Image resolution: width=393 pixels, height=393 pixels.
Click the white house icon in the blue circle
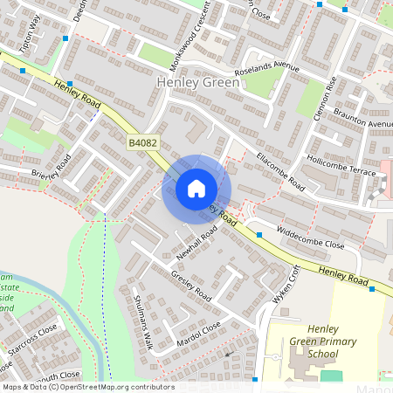coord(196,188)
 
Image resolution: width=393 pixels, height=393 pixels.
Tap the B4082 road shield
coord(141,141)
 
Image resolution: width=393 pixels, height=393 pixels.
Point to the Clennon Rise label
coord(331,87)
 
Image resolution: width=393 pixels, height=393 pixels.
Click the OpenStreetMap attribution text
coord(87,387)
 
